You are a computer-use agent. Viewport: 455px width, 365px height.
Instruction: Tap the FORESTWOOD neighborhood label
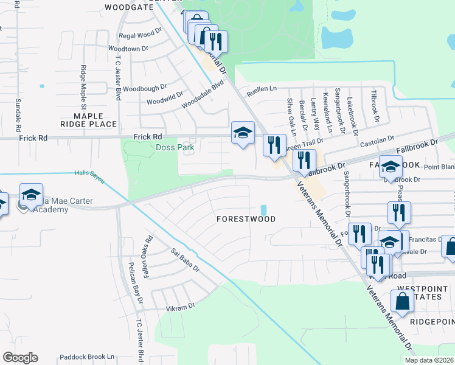[246, 219]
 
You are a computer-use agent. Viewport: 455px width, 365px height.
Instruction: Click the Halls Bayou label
[89, 173]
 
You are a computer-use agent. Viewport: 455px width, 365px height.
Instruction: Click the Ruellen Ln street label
[261, 92]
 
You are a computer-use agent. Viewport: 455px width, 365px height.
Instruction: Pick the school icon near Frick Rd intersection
[243, 133]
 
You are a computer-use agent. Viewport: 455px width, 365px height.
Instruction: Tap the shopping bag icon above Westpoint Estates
[402, 301]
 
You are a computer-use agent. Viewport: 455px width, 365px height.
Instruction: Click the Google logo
[20, 358]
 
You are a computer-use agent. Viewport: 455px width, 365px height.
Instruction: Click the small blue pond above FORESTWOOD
[263, 210]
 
